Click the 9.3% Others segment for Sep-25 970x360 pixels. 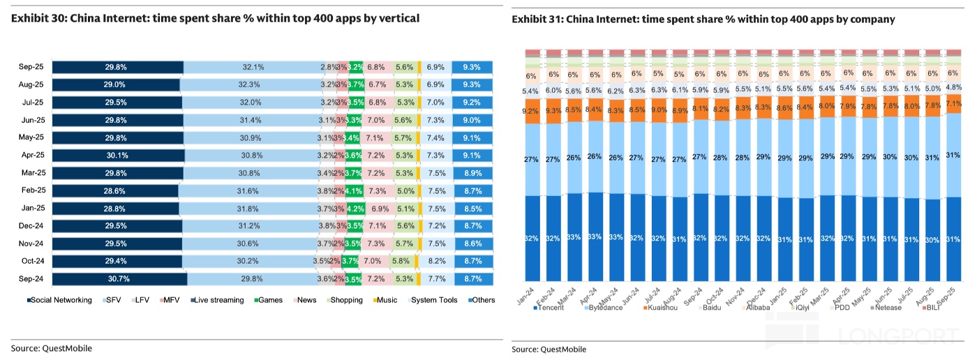click(472, 67)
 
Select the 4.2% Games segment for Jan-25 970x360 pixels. click(356, 209)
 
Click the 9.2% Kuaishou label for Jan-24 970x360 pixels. click(531, 110)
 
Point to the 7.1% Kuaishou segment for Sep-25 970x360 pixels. click(953, 104)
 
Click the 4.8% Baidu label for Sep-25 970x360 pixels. click(953, 88)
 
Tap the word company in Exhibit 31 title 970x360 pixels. click(873, 20)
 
